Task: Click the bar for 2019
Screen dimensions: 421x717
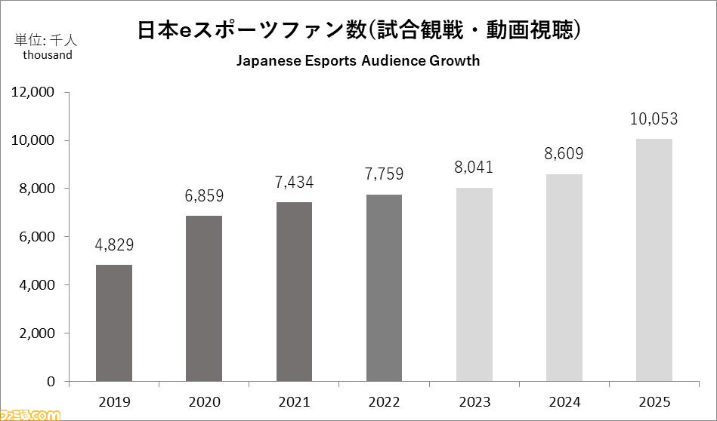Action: (113, 323)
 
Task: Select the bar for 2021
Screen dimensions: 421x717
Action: (294, 291)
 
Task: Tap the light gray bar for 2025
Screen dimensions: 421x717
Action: (654, 260)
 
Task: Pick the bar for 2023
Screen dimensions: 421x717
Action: (474, 284)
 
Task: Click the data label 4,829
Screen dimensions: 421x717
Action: (114, 246)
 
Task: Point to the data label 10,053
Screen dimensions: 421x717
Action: (654, 119)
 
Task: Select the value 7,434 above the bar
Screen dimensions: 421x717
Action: (294, 183)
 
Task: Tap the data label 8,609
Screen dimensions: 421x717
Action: (564, 155)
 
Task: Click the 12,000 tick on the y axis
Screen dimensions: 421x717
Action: (33, 92)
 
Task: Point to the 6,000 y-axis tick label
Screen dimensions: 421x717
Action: (37, 237)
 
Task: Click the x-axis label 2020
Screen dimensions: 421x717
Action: (204, 401)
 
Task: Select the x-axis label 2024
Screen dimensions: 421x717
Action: (564, 401)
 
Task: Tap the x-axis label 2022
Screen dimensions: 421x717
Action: (384, 401)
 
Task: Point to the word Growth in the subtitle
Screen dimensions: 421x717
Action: (456, 61)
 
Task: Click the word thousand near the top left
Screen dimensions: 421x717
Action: (48, 54)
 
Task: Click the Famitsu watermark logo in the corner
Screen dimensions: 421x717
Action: (30, 414)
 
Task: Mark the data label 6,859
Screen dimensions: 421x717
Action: (204, 197)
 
